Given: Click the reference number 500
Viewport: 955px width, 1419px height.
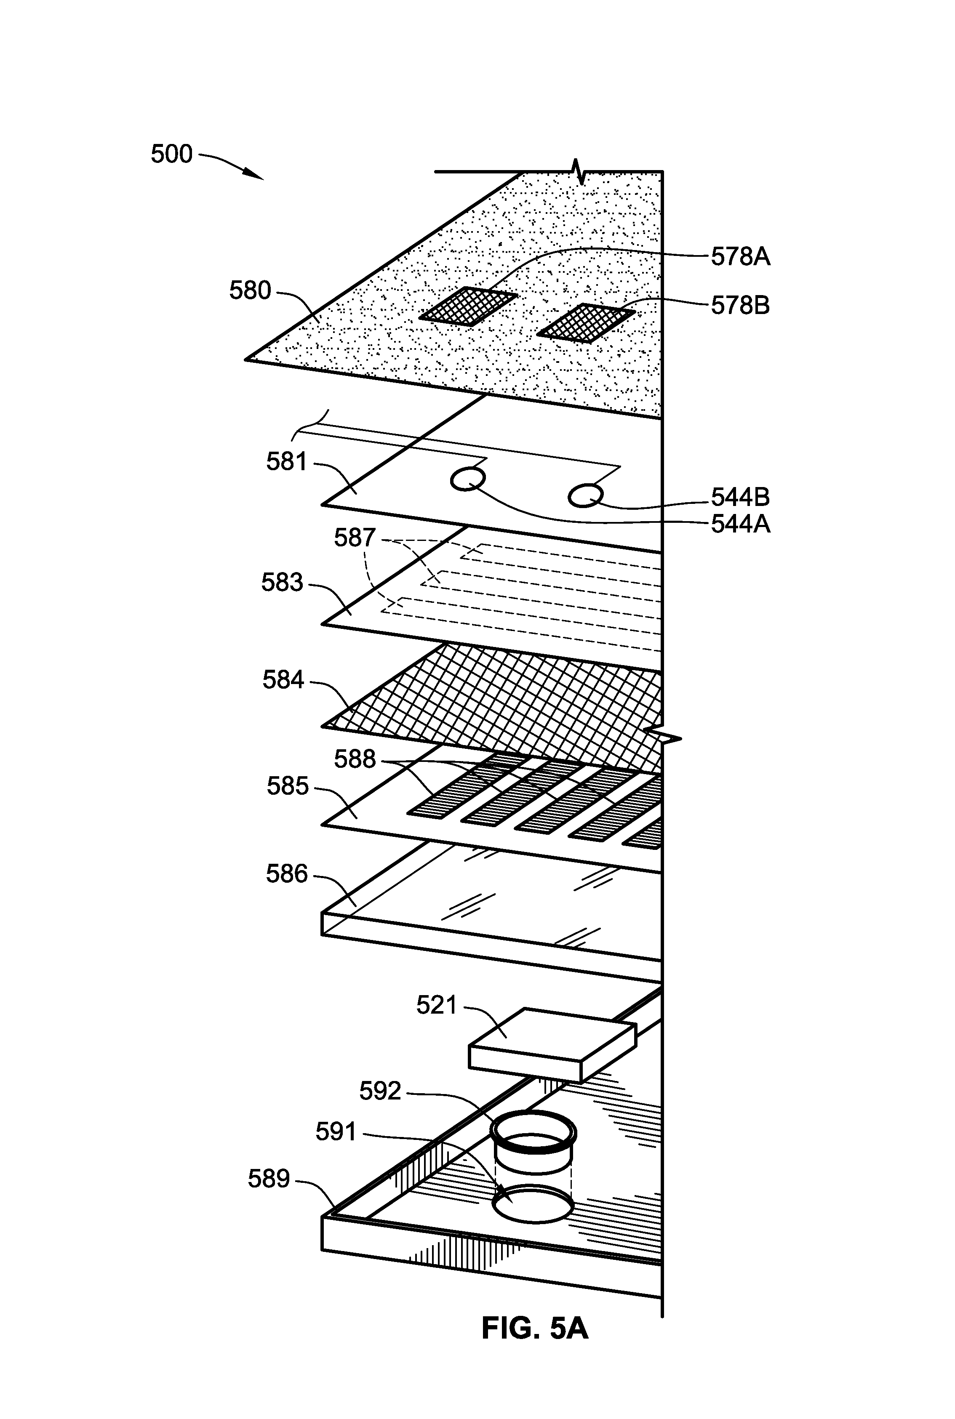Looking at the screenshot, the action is (172, 154).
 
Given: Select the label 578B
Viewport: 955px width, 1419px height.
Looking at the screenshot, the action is (740, 305).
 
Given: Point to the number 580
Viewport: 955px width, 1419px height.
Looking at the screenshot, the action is (250, 290).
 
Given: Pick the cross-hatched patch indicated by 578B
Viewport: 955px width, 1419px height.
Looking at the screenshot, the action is (586, 322).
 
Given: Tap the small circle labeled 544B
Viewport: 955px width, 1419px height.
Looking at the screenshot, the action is (585, 495).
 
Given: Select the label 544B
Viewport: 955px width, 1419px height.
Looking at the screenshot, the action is (740, 498).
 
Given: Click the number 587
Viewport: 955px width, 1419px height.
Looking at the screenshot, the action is (355, 538).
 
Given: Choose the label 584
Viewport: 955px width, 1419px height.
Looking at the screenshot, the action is (283, 679).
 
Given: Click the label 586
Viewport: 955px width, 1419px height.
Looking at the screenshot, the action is (287, 874).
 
